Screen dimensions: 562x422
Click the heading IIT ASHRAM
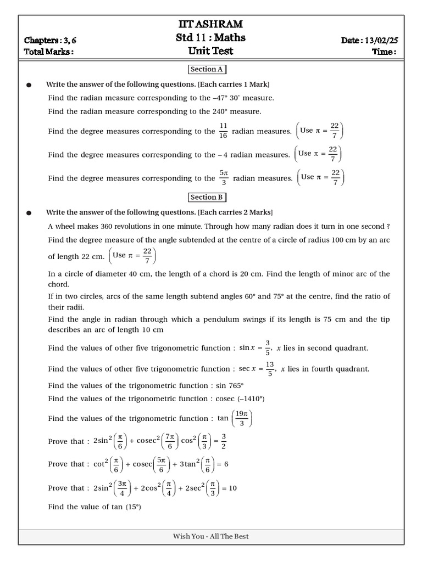(211, 24)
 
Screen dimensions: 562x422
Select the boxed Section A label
(207, 70)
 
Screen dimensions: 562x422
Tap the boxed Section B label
(207, 198)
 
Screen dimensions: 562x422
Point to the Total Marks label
(48, 52)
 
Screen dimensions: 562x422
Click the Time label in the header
(384, 52)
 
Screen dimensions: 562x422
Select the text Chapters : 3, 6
(48, 40)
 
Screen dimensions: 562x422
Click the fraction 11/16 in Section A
(223, 131)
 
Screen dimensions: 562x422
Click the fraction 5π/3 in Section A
(224, 178)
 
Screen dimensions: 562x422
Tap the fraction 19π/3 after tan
(242, 419)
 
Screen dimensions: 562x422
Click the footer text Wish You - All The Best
(211, 536)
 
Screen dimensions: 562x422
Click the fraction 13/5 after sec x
(270, 369)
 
